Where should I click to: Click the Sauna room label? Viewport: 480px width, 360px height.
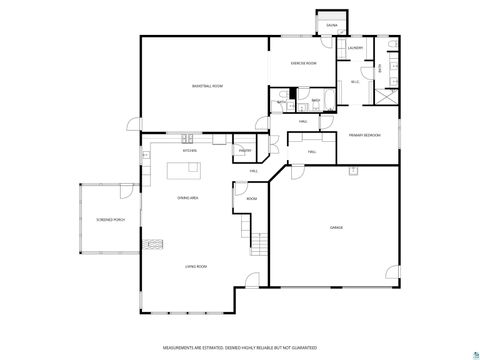(331, 25)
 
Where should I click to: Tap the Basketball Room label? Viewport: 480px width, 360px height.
(207, 87)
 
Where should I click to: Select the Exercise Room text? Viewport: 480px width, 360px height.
(303, 63)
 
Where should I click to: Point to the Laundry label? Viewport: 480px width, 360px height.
(355, 47)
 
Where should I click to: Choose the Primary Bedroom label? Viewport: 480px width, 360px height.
(365, 134)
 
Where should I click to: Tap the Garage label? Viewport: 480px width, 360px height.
(337, 228)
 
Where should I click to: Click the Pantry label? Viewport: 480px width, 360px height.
(244, 151)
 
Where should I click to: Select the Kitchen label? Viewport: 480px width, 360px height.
(189, 150)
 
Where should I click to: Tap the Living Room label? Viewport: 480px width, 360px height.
(195, 266)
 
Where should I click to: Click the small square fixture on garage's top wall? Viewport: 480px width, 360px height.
(353, 171)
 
